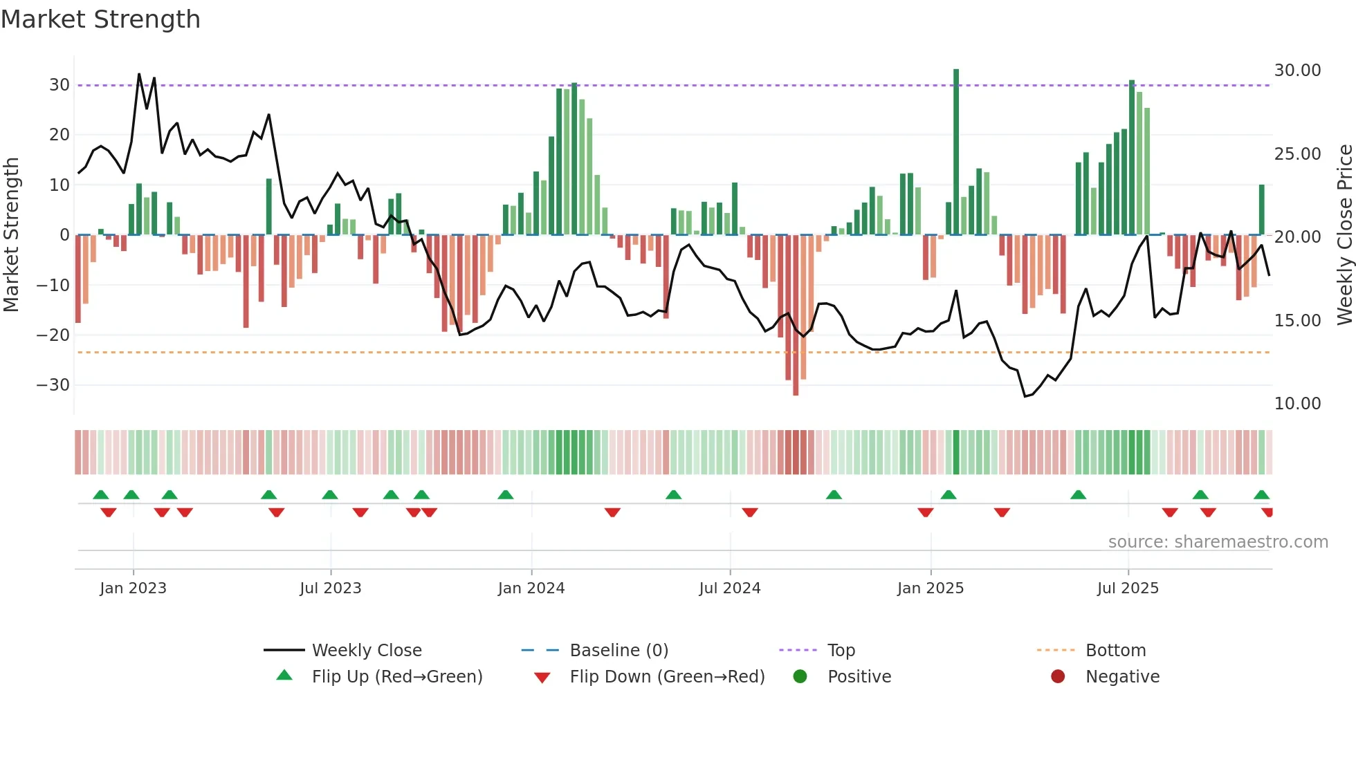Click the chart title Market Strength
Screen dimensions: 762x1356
pyautogui.click(x=100, y=19)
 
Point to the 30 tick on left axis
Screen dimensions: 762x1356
pyautogui.click(x=59, y=85)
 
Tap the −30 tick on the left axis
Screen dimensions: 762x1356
pyautogui.click(x=54, y=385)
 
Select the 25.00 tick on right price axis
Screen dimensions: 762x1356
pyautogui.click(x=1297, y=154)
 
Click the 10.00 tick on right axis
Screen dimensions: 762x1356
pyautogui.click(x=1297, y=403)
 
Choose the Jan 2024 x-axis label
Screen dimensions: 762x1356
pyautogui.click(x=531, y=588)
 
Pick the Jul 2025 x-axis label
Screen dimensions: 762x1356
pyautogui.click(x=1127, y=588)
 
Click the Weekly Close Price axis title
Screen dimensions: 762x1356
pyautogui.click(x=1344, y=235)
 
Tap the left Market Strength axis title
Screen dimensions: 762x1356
pyautogui.click(x=11, y=235)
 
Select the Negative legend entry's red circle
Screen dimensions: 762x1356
pyautogui.click(x=1057, y=677)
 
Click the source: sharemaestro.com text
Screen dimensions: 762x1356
pyautogui.click(x=1218, y=542)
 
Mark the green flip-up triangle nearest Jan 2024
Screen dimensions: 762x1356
pyautogui.click(x=506, y=495)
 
